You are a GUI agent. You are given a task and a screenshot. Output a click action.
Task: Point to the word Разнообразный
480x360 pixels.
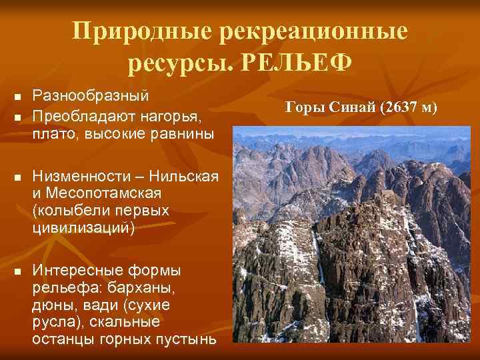[x=91, y=97]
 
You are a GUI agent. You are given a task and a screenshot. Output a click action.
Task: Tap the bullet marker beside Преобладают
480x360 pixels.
[x=17, y=117]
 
